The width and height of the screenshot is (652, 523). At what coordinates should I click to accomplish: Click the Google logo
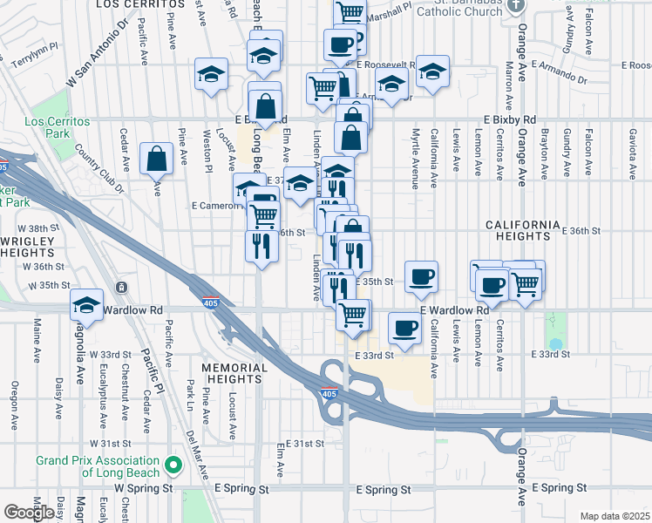(x=29, y=513)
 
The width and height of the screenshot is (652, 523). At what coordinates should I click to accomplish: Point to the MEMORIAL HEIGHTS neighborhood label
(x=234, y=373)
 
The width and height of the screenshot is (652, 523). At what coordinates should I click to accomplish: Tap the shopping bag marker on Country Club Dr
(x=156, y=160)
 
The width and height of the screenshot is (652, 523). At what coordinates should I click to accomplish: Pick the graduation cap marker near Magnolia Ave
(x=87, y=306)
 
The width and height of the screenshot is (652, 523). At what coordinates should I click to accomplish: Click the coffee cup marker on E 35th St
(x=422, y=277)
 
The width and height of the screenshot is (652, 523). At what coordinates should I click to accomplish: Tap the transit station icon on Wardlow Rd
(x=120, y=287)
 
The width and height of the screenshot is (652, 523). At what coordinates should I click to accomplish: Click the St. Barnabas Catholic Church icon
(x=516, y=4)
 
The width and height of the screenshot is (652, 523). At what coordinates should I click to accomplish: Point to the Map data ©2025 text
(x=615, y=516)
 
